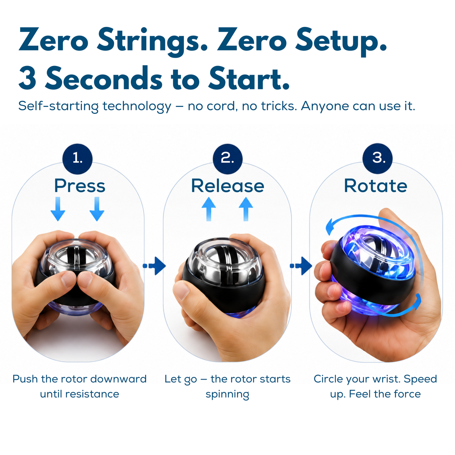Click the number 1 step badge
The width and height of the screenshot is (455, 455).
click(77, 158)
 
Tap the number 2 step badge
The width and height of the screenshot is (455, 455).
click(227, 158)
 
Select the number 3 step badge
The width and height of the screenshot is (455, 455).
click(378, 158)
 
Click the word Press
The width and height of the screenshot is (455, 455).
click(80, 186)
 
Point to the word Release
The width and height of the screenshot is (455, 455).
click(227, 186)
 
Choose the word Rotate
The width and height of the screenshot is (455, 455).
click(376, 186)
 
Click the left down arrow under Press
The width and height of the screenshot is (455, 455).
click(58, 209)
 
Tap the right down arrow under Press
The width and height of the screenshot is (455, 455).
click(97, 209)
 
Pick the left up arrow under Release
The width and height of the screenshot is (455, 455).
click(209, 209)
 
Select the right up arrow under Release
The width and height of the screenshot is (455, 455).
click(246, 209)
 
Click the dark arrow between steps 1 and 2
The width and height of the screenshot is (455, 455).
click(154, 266)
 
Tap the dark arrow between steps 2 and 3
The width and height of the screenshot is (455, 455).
click(301, 266)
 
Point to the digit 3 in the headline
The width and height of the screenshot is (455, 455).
click(28, 78)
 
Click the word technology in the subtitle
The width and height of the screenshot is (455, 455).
click(137, 106)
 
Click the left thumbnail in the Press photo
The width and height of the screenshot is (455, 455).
click(68, 279)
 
